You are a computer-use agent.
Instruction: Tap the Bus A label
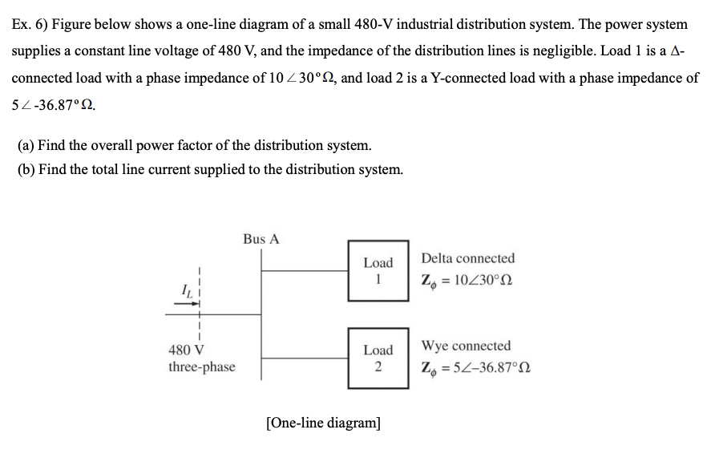(261, 239)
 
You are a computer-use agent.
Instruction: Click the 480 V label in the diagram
(186, 350)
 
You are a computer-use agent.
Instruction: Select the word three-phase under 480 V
(202, 367)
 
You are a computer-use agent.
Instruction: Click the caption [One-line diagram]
(323, 423)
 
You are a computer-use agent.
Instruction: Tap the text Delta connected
(468, 258)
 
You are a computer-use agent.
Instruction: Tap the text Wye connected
(466, 346)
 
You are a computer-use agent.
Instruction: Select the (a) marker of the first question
(26, 146)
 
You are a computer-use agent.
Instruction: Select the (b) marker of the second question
(27, 169)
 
